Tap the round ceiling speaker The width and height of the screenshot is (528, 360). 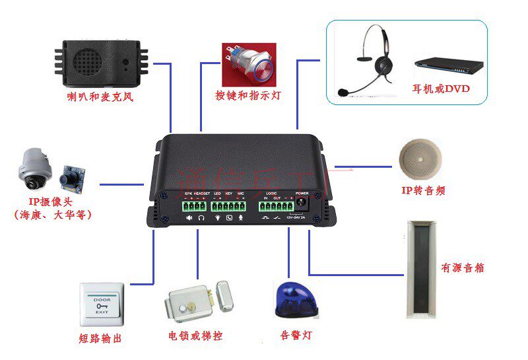[x=419, y=161]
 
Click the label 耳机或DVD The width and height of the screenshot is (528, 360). [x=441, y=89]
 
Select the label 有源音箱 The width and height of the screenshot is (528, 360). [x=463, y=268]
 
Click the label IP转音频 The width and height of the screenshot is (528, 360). [x=423, y=191]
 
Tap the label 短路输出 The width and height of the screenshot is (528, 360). [x=100, y=339]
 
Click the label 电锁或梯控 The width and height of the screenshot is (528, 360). [x=196, y=336]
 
